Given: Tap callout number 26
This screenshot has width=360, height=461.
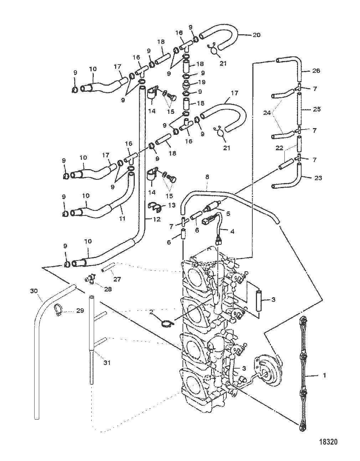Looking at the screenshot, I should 316,71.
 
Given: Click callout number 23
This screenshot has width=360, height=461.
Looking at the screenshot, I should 318,178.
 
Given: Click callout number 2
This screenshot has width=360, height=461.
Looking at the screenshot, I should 151,312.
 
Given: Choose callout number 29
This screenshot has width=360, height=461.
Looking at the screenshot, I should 80,311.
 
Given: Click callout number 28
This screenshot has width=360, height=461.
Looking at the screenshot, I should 107,289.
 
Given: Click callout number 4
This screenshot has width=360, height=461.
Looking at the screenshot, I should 232,231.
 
